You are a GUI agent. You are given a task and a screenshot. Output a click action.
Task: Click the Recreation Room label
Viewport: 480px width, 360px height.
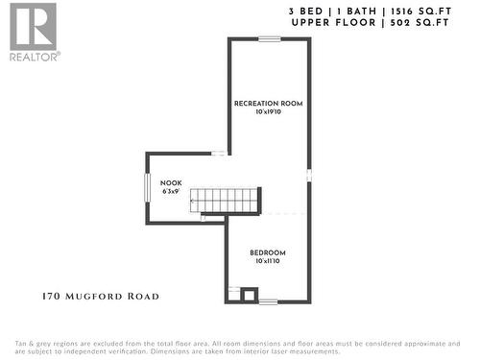tap(268, 103)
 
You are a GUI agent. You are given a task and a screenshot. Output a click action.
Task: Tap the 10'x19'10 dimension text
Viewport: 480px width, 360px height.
tap(268, 112)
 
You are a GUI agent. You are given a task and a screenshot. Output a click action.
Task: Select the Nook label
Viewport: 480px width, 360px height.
tap(171, 182)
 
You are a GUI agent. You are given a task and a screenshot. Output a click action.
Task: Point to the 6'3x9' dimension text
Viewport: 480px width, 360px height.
tap(171, 191)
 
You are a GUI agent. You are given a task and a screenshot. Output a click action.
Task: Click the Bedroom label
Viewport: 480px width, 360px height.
tap(268, 253)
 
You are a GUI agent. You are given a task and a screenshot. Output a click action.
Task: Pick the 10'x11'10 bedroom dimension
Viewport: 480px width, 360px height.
tap(268, 262)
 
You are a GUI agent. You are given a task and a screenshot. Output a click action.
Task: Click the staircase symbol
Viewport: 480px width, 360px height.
tap(225, 201)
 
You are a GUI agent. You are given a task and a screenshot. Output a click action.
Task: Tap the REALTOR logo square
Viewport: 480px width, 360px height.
tap(33, 26)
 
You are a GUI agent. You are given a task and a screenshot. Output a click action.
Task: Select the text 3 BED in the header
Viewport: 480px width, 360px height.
tap(304, 11)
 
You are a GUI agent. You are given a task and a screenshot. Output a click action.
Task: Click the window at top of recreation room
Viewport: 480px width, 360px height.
tap(269, 38)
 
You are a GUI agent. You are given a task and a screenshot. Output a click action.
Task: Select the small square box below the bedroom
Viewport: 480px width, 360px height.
tap(249, 295)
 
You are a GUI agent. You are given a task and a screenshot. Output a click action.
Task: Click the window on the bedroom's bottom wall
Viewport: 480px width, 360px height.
tap(268, 301)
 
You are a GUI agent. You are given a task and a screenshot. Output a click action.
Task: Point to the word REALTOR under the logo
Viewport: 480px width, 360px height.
tap(35, 56)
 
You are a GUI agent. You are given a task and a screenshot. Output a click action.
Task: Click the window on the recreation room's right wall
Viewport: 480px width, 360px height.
tap(309, 175)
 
